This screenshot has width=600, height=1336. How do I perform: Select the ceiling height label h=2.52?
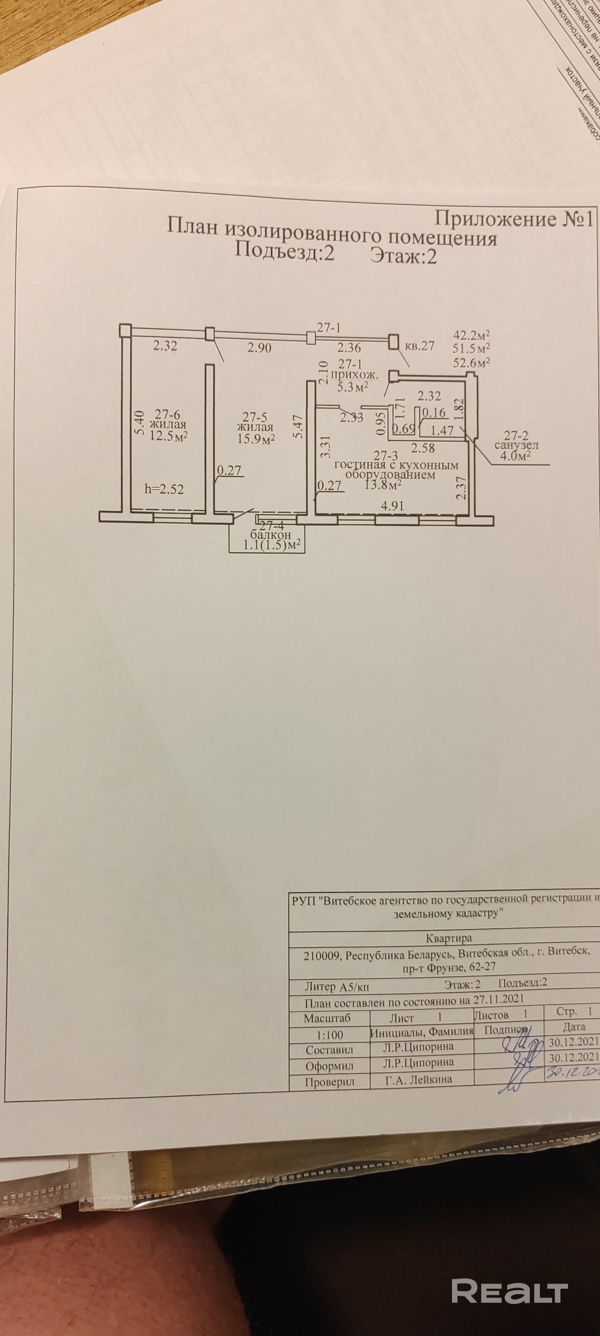[164, 489]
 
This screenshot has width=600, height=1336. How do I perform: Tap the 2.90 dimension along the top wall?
[259, 348]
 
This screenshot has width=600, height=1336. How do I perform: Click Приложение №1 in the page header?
[513, 218]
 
